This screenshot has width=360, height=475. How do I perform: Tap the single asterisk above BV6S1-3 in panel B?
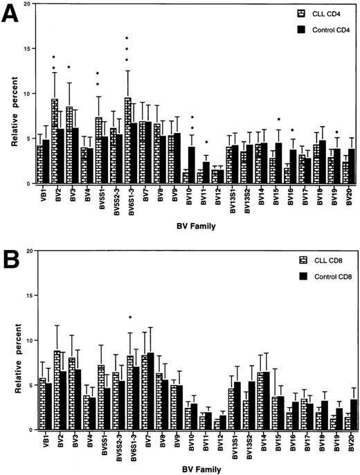130,318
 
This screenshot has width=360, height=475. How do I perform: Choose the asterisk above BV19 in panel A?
336,133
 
